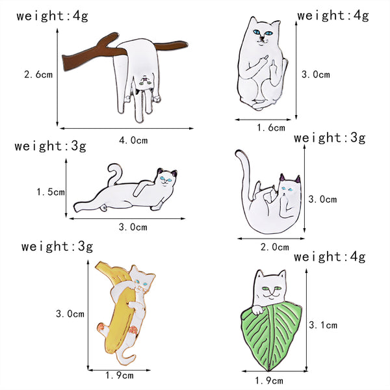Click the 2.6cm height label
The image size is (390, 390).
pos(38,75)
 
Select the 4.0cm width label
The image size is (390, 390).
pos(134,139)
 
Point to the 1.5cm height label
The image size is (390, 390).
pos(51,192)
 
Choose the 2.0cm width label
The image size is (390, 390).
pos(275,246)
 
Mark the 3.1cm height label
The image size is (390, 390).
pos(322,324)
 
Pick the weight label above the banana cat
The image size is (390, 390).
pos(57,246)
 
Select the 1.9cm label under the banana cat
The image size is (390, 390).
pos(120,374)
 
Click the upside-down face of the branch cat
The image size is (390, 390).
pos(147,82)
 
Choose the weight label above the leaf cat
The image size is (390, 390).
pos(329,257)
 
